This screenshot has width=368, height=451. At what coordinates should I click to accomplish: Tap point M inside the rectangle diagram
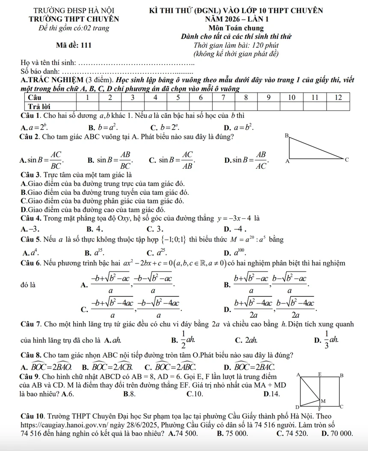(324, 400)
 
